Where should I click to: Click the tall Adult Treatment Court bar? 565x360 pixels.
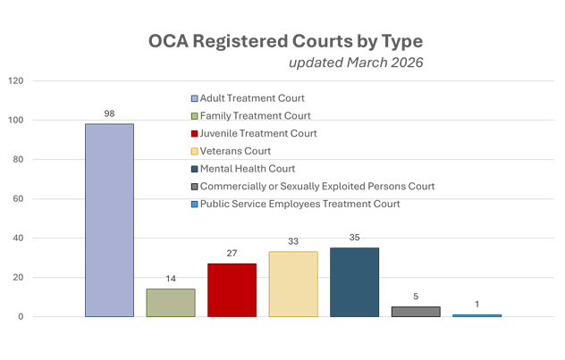(x=109, y=220)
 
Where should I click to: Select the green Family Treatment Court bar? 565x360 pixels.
(x=171, y=302)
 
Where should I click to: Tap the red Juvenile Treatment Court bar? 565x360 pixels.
(x=232, y=289)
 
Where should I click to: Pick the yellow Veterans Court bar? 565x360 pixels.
(x=293, y=283)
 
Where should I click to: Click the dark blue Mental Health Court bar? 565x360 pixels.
(x=354, y=281)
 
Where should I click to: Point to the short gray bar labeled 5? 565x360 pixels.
(x=416, y=312)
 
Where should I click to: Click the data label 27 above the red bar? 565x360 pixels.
(x=232, y=255)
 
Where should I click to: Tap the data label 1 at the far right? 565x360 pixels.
(x=476, y=306)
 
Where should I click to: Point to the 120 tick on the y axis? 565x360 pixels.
(x=15, y=80)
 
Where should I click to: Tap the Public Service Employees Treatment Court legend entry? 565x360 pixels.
(x=299, y=204)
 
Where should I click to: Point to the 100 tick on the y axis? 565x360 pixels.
(x=15, y=120)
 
